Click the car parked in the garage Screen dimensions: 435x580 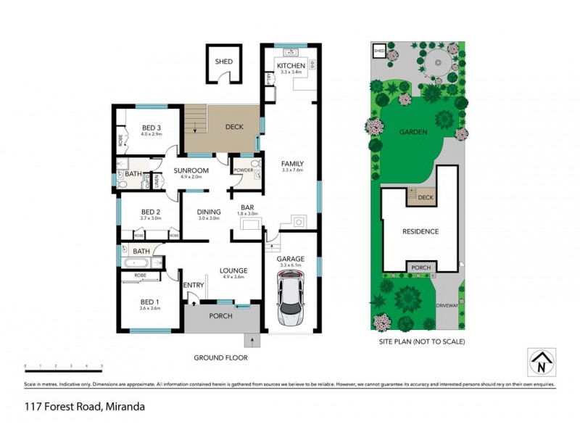click(291, 297)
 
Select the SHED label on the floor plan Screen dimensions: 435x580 click(224, 62)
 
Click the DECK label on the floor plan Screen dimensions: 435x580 click(233, 127)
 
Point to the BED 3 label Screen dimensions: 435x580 click(151, 128)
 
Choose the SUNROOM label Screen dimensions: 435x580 click(191, 170)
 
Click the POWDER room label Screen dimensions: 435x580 click(242, 170)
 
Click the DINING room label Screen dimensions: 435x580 click(209, 212)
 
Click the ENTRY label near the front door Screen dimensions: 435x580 click(194, 285)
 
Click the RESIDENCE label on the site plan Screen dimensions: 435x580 click(420, 231)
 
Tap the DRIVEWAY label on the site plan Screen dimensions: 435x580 click(447, 304)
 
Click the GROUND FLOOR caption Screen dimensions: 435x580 click(220, 357)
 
